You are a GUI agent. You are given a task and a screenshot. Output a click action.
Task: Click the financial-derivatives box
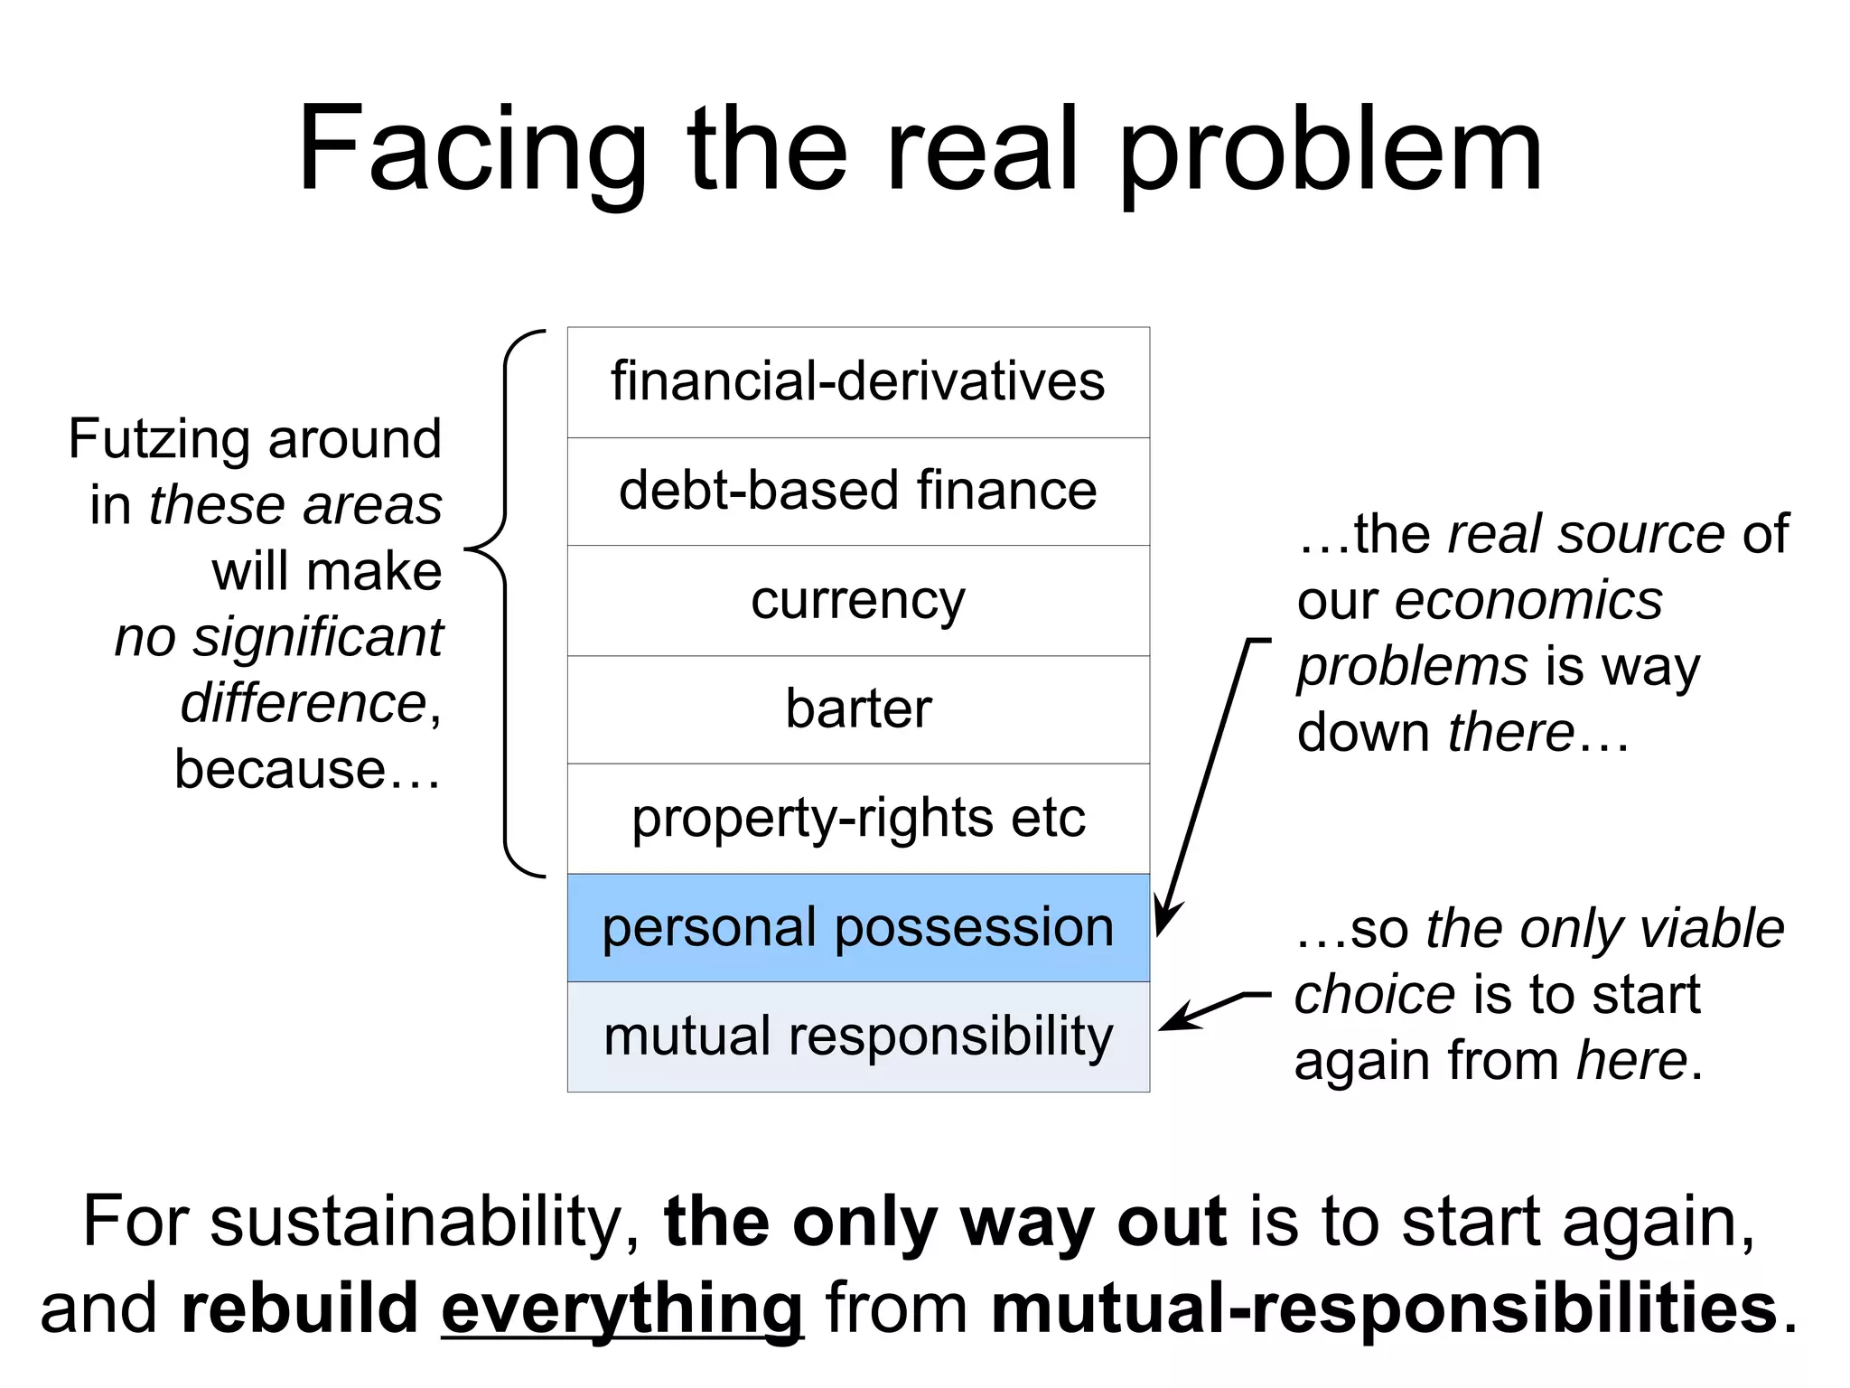click(x=857, y=382)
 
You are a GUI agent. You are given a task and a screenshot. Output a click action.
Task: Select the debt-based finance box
click(x=857, y=492)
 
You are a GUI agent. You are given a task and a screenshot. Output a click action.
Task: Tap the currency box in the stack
click(x=857, y=601)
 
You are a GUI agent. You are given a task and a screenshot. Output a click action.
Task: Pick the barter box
click(x=857, y=709)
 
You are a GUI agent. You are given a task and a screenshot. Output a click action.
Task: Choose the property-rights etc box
click(x=857, y=819)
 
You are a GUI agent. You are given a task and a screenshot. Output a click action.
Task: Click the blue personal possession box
click(x=857, y=928)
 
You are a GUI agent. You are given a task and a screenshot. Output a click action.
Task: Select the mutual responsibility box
click(x=857, y=1036)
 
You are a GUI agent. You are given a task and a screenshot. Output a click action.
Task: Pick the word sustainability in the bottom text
click(x=425, y=1222)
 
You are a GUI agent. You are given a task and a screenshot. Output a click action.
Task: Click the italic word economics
click(x=1528, y=600)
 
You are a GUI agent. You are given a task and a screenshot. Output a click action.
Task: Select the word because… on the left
click(x=307, y=769)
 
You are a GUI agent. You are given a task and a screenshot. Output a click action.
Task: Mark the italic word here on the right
click(x=1631, y=1060)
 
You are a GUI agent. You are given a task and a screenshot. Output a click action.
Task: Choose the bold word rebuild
click(x=299, y=1308)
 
